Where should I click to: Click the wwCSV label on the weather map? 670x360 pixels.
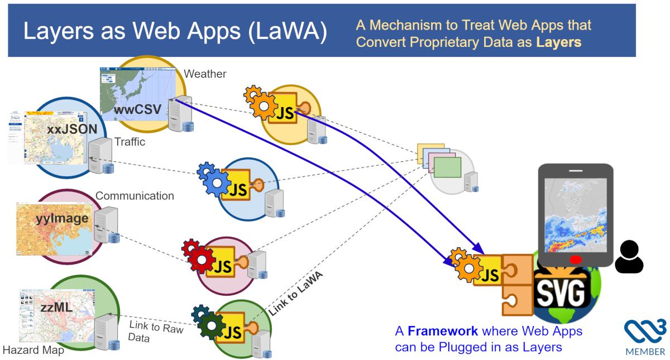point(138,109)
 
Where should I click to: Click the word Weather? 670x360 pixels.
point(205,74)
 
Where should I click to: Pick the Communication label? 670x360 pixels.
point(135,196)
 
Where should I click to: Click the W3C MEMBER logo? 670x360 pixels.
point(644,337)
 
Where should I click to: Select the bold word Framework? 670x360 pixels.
point(442,331)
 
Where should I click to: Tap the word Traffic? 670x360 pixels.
point(130,142)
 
